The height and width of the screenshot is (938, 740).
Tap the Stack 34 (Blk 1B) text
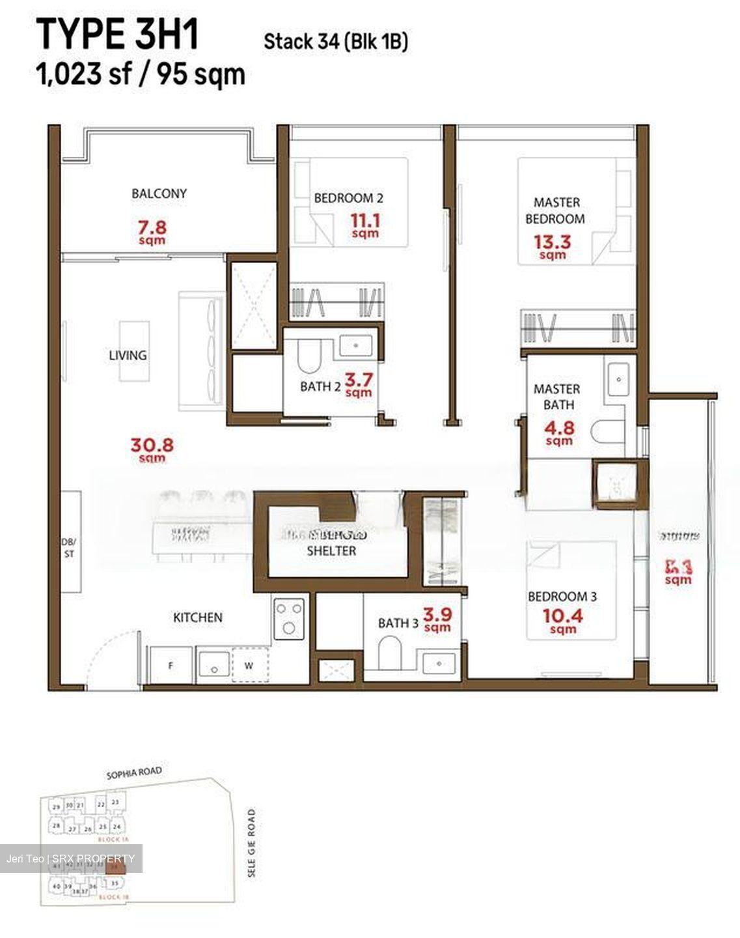click(335, 42)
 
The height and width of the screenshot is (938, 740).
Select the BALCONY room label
click(159, 193)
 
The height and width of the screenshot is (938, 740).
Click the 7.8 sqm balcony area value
click(152, 229)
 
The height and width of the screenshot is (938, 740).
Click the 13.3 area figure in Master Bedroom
click(552, 242)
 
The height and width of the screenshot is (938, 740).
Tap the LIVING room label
click(128, 355)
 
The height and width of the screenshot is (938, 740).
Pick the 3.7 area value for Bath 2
click(359, 380)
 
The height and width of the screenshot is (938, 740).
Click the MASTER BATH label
click(556, 397)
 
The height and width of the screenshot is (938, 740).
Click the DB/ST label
click(68, 548)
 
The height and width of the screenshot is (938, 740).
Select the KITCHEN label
click(197, 617)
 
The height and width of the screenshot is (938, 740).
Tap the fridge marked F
click(171, 666)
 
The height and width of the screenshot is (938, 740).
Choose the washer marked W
click(249, 666)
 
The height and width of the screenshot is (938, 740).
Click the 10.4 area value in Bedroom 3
click(563, 616)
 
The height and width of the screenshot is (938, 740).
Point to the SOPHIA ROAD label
click(134, 773)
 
